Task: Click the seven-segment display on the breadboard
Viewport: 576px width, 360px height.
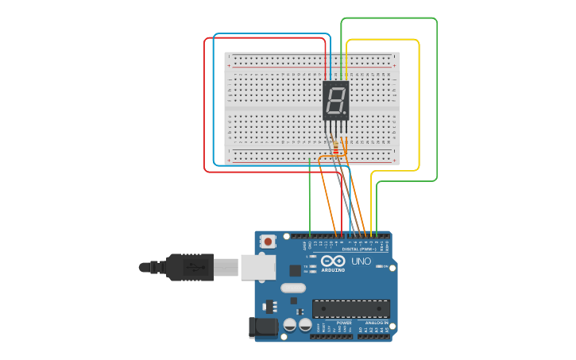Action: [336, 100]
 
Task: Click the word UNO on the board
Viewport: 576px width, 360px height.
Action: [361, 261]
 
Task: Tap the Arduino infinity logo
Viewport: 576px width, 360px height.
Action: [334, 261]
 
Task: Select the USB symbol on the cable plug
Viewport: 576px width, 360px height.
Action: [191, 268]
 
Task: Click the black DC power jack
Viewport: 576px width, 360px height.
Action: [263, 327]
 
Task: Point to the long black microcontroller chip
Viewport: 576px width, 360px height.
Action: [350, 308]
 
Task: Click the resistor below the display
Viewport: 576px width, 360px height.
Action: [335, 149]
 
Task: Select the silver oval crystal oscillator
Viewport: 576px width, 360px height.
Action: [292, 288]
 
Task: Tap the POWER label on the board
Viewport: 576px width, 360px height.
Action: [344, 323]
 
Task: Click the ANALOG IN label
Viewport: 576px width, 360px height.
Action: [376, 323]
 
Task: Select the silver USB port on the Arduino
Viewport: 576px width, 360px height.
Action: [258, 268]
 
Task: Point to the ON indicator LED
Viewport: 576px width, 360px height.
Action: [380, 267]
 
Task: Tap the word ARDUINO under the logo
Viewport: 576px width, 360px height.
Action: [334, 270]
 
